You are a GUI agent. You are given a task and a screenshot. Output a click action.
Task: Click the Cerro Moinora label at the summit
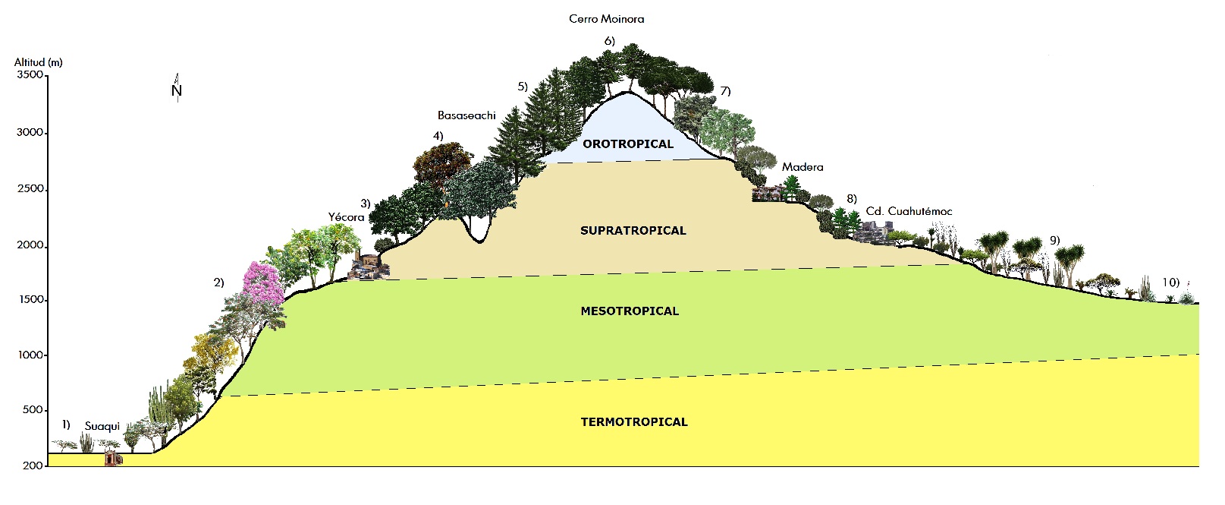606,19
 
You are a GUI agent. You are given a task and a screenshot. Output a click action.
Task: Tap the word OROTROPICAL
627,144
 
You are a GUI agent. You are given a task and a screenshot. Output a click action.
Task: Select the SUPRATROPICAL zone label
633,230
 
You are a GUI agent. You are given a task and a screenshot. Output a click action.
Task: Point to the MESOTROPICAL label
630,311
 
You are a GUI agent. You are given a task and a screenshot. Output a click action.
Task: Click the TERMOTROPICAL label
634,421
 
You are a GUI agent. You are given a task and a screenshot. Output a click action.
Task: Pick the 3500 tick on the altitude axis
30,75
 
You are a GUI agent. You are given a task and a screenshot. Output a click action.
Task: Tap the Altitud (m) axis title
38,62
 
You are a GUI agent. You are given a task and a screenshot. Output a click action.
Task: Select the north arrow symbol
177,88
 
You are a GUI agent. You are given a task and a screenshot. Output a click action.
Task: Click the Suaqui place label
102,426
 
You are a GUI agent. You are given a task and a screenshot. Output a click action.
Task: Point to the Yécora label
346,217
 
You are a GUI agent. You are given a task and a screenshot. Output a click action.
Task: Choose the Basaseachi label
466,115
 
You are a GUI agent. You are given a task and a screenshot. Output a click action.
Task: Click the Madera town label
803,167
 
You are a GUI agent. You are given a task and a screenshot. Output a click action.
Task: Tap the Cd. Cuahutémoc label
909,211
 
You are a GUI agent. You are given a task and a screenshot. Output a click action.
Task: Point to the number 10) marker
1170,282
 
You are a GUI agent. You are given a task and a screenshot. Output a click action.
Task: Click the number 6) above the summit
609,40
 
